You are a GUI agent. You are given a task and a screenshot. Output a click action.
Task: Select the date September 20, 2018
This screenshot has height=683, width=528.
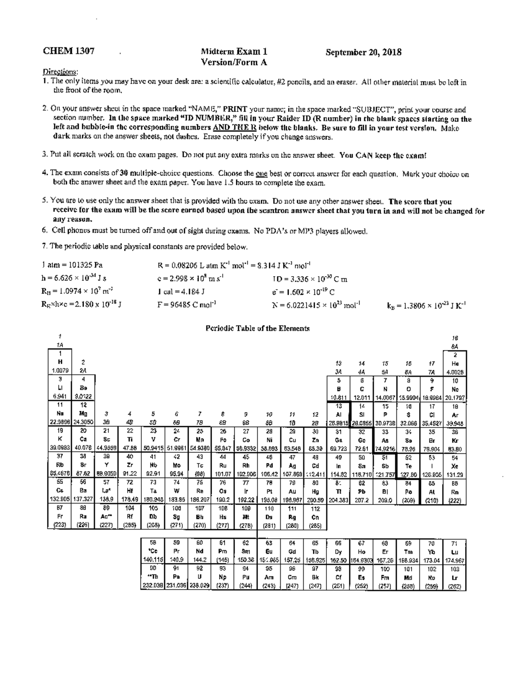tap(363, 52)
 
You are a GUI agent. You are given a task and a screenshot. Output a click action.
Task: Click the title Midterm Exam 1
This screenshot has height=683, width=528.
tap(234, 52)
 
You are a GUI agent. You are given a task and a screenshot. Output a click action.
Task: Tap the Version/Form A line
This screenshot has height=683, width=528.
tap(234, 62)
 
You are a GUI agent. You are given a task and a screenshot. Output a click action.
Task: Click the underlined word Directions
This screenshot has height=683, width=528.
tap(61, 72)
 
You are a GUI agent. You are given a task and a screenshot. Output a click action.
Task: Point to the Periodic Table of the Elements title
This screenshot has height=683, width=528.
tap(257, 328)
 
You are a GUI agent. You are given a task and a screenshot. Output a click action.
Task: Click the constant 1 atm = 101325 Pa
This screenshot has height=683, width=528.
tap(73, 265)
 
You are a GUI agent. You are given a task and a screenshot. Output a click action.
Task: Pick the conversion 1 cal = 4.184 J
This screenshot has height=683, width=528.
tap(181, 291)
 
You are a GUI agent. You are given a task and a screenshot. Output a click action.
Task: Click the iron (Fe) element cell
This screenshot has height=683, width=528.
tap(223, 439)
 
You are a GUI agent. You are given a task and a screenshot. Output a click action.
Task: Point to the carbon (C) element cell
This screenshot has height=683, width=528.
tap(361, 389)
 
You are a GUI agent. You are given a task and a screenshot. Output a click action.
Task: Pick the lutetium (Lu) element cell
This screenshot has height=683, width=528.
tap(455, 552)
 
